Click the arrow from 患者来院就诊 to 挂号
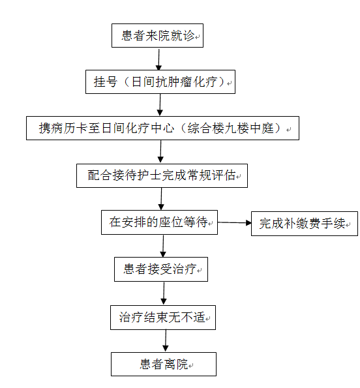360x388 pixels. pos(159,59)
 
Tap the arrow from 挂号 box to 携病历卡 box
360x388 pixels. pos(160,105)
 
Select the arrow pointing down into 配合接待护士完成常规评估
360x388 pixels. pos(160,151)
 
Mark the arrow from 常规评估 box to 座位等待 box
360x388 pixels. pos(161,199)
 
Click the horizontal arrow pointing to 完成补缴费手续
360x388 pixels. pos(235,223)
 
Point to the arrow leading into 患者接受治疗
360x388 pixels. pos(163,246)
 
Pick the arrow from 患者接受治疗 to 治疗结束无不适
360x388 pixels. pos(164,293)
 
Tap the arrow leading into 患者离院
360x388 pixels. pos(166,340)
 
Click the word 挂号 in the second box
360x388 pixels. pos(105,82)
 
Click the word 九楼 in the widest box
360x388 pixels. pos(237,128)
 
